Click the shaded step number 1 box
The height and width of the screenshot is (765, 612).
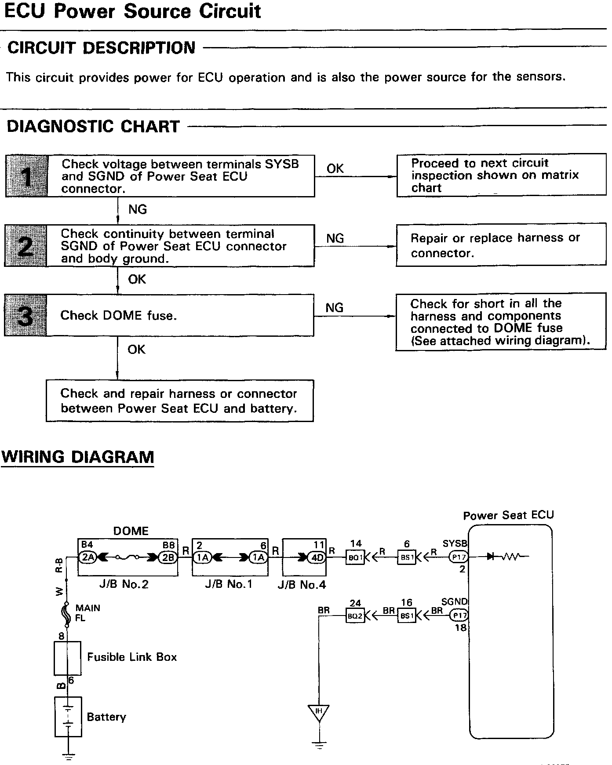coord(26,176)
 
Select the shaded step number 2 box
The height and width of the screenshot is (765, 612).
coord(25,246)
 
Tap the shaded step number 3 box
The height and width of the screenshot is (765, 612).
coord(25,316)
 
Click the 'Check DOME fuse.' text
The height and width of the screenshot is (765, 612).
coord(118,316)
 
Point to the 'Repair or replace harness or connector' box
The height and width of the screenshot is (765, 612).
coord(501,246)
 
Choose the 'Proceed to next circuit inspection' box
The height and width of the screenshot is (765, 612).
coord(501,175)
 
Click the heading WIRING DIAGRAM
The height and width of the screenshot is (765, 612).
coord(78,457)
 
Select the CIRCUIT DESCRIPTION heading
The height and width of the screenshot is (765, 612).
coord(102,48)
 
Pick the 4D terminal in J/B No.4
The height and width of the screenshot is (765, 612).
coord(317,557)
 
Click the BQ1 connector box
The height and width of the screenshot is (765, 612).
coord(355,557)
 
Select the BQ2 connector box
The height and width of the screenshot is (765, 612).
coord(355,616)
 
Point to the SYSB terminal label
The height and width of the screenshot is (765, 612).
coord(455,543)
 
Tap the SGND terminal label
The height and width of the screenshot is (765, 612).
coord(455,601)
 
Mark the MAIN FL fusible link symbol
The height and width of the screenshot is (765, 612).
coord(67,613)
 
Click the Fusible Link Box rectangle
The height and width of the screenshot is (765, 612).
coord(67,658)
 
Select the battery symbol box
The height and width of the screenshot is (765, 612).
coord(68,717)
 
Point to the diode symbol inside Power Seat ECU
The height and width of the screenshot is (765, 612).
coord(491,557)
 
